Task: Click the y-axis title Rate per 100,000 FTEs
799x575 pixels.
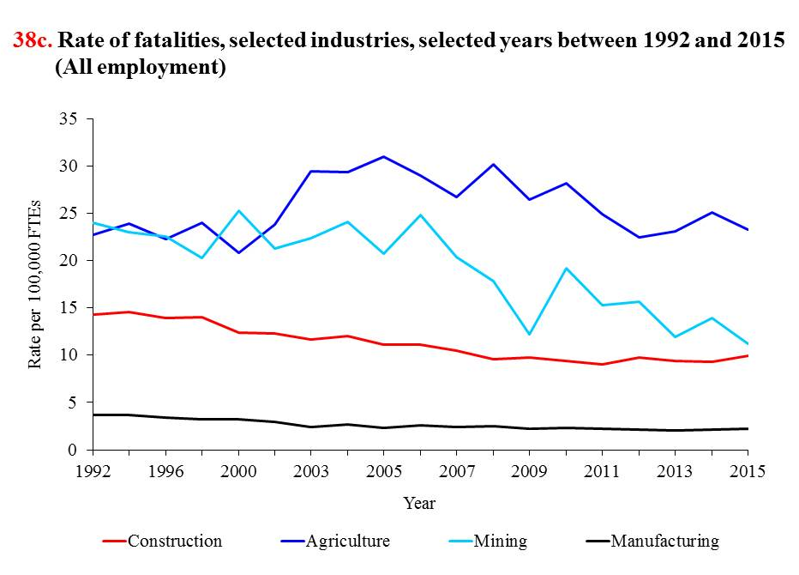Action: [x=35, y=284]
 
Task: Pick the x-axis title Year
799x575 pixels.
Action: [x=419, y=504]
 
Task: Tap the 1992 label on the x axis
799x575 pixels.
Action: [x=93, y=471]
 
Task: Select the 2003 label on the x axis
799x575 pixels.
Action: [x=310, y=471]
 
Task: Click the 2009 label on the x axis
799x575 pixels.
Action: [x=529, y=471]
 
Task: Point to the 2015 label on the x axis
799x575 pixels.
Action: [x=747, y=471]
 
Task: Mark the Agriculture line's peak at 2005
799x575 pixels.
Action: [x=383, y=156]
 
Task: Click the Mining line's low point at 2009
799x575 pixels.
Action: [x=529, y=334]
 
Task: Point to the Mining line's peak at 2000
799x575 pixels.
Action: [x=238, y=210]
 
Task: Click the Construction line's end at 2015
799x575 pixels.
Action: [x=747, y=355]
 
